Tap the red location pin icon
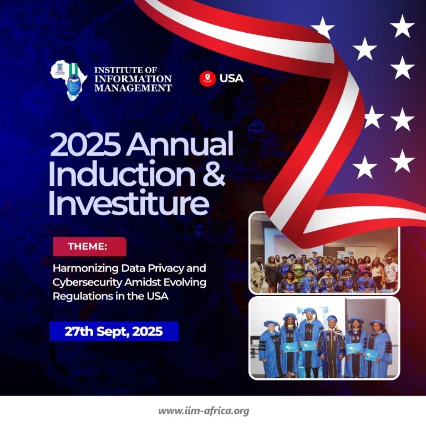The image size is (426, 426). (207, 78)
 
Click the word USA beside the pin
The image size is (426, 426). (231, 78)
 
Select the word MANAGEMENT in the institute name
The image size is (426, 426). (133, 88)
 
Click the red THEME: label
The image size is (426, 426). (89, 246)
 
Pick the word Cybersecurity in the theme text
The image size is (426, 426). (88, 282)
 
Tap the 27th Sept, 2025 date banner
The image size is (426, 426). (114, 332)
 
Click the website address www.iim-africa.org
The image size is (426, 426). (204, 411)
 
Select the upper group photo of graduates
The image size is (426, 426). (324, 253)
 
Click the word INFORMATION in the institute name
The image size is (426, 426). (133, 79)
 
